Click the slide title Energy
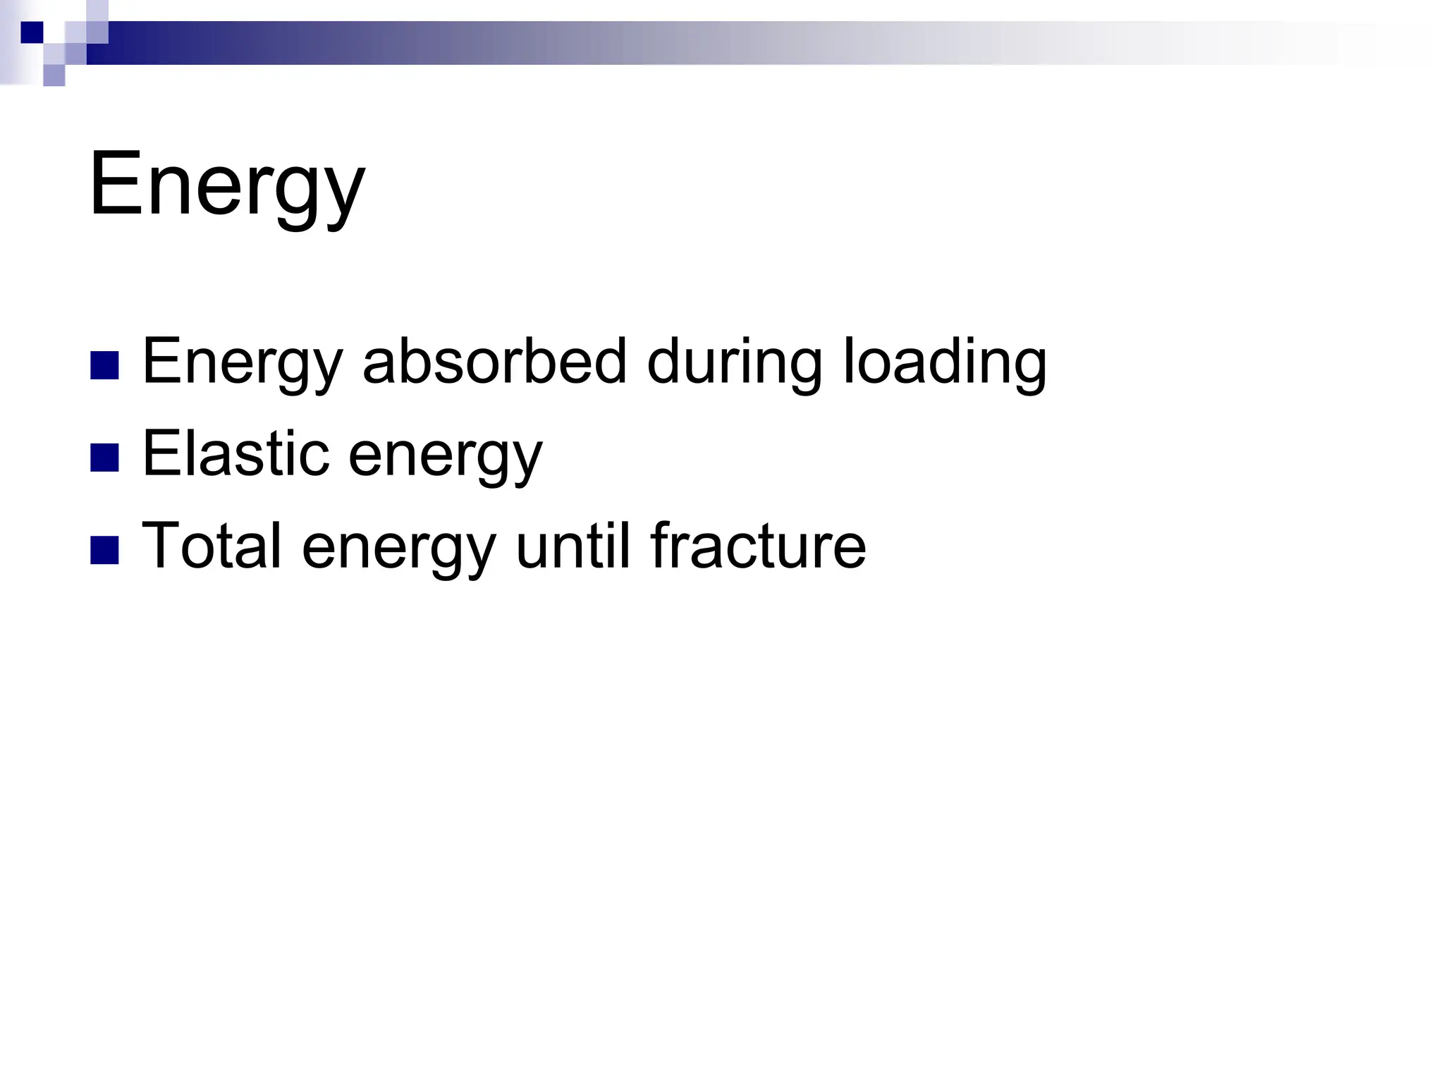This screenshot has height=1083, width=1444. point(227,185)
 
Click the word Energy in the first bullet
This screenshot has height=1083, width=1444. point(242,362)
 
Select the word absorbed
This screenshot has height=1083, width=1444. point(494,362)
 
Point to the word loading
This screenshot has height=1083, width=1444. point(945,362)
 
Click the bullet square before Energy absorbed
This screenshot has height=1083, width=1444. point(104,365)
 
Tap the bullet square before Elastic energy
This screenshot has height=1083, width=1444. point(104,458)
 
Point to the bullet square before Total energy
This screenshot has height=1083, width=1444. point(104,549)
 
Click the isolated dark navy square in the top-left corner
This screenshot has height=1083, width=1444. point(32,32)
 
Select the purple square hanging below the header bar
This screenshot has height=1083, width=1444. point(54,75)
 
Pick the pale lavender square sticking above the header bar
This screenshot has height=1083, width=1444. point(98,11)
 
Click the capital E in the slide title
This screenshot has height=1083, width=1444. point(116,185)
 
